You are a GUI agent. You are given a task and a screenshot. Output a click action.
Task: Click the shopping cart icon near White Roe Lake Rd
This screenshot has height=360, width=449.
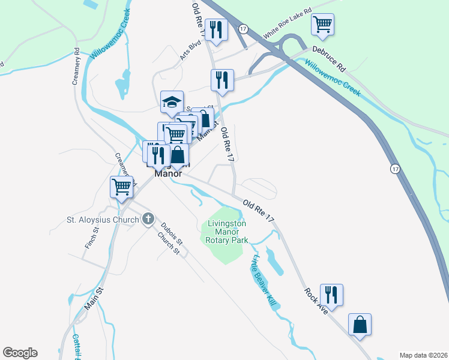[x=322, y=25]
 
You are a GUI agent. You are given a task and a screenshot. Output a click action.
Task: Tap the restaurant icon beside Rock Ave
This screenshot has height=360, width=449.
[x=331, y=295]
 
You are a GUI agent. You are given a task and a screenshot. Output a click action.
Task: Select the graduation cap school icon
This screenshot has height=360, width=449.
[x=172, y=101]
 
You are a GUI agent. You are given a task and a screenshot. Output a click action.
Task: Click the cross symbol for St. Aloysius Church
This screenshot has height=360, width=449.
[x=148, y=220]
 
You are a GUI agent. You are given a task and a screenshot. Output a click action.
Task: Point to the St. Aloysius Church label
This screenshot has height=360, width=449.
[x=103, y=220]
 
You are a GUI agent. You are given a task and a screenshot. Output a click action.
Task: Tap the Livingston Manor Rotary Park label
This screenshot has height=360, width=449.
[x=228, y=232]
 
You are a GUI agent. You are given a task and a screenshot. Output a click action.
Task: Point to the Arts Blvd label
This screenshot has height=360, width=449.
[x=190, y=50]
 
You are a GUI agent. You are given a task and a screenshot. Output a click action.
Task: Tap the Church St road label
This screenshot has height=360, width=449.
[x=169, y=243]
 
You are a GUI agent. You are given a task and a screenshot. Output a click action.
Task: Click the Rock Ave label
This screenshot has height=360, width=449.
[x=315, y=302]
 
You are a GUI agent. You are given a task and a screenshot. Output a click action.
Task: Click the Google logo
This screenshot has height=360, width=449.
[x=20, y=353]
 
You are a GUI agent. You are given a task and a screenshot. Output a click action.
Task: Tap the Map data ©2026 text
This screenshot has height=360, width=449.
[x=423, y=355]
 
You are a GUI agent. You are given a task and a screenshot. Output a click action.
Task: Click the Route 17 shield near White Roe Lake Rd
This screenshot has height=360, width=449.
[x=243, y=29]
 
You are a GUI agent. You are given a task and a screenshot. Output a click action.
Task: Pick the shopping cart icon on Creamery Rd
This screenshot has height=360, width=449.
[x=121, y=187]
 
